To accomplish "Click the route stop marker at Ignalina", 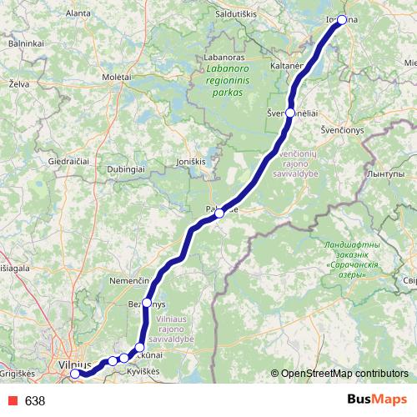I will click(x=341, y=19).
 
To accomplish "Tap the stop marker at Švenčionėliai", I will click(x=290, y=113).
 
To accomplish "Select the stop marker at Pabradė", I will click(x=219, y=214).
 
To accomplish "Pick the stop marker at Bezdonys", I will click(x=147, y=303).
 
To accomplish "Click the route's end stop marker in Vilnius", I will click(x=75, y=374).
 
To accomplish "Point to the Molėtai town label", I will click(x=117, y=76).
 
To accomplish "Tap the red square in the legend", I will click(x=11, y=400).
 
